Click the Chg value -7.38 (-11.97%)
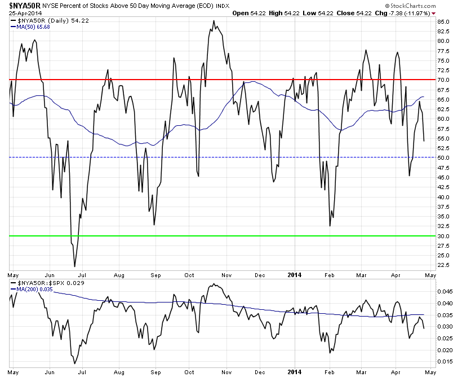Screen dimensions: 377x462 coord(414,12)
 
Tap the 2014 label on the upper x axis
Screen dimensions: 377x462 coord(294,275)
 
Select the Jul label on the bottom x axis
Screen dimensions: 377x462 coord(82,372)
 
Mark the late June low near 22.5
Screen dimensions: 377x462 coord(74,266)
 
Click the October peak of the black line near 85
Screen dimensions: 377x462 coord(214,21)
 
